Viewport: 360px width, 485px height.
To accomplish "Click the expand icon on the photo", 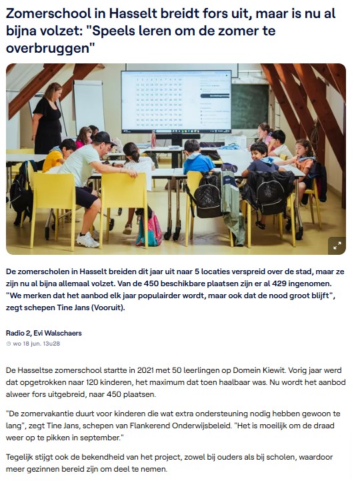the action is click(x=337, y=245).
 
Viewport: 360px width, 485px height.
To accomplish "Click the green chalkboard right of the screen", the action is click(x=249, y=106).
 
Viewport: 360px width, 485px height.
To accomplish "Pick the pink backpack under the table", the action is click(x=149, y=230).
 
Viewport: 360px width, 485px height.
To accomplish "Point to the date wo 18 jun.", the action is click(x=27, y=344).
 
